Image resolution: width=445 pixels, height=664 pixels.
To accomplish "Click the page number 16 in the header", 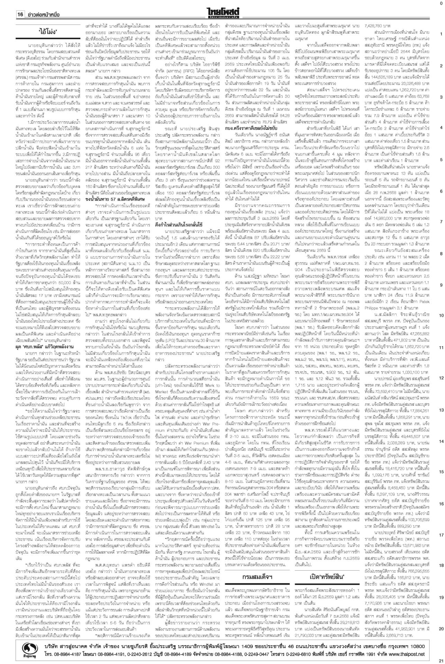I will click(20, 15).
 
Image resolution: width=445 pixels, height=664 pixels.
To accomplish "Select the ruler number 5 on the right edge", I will click(441, 159).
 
